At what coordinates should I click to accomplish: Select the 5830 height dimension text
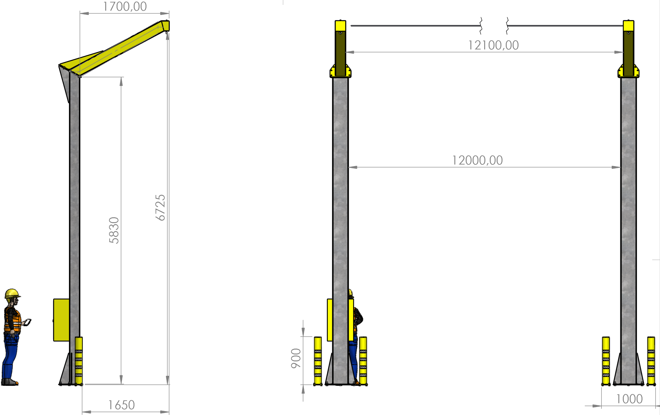pos(114,230)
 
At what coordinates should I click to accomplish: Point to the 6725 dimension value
pos(160,208)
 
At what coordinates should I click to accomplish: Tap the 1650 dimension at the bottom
pos(121,405)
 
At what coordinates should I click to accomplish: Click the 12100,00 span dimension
pos(493,45)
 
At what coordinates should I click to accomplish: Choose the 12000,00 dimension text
pos(477,160)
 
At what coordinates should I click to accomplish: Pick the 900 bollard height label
pos(296,358)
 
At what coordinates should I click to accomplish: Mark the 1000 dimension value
pos(630,399)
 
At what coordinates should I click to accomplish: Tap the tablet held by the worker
pos(27,322)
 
